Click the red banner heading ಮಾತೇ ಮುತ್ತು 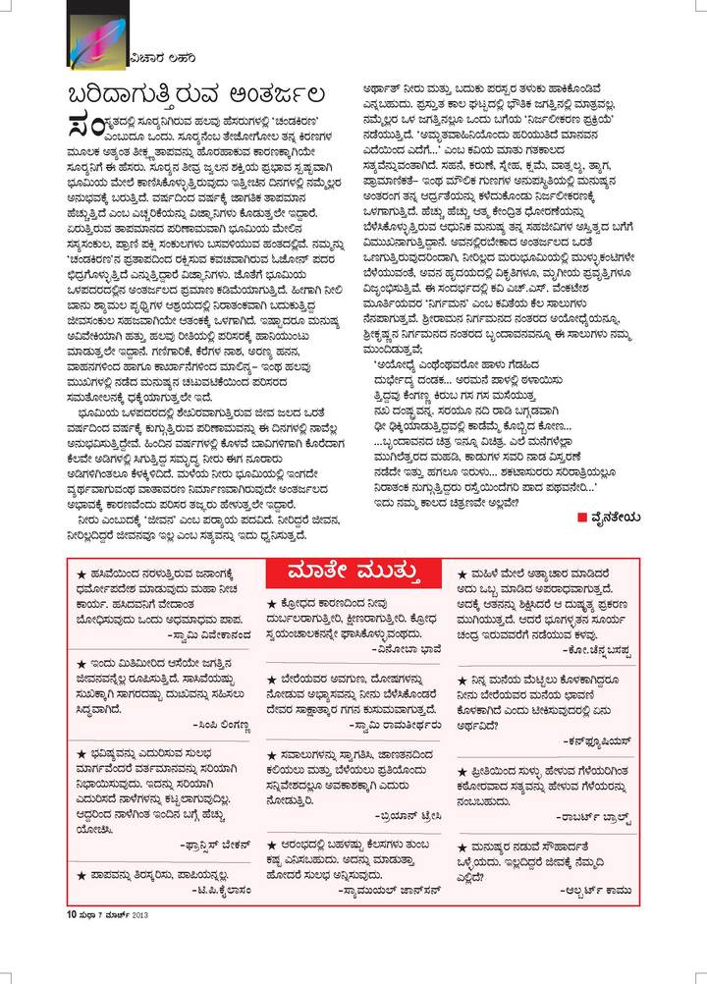coord(354,571)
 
